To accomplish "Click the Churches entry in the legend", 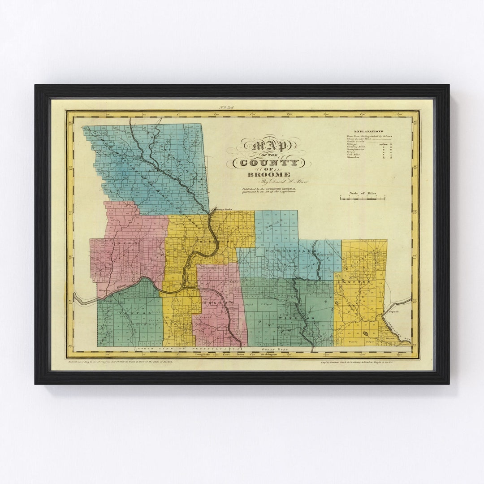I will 353,158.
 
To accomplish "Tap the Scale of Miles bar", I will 362,198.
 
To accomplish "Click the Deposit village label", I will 393,311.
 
